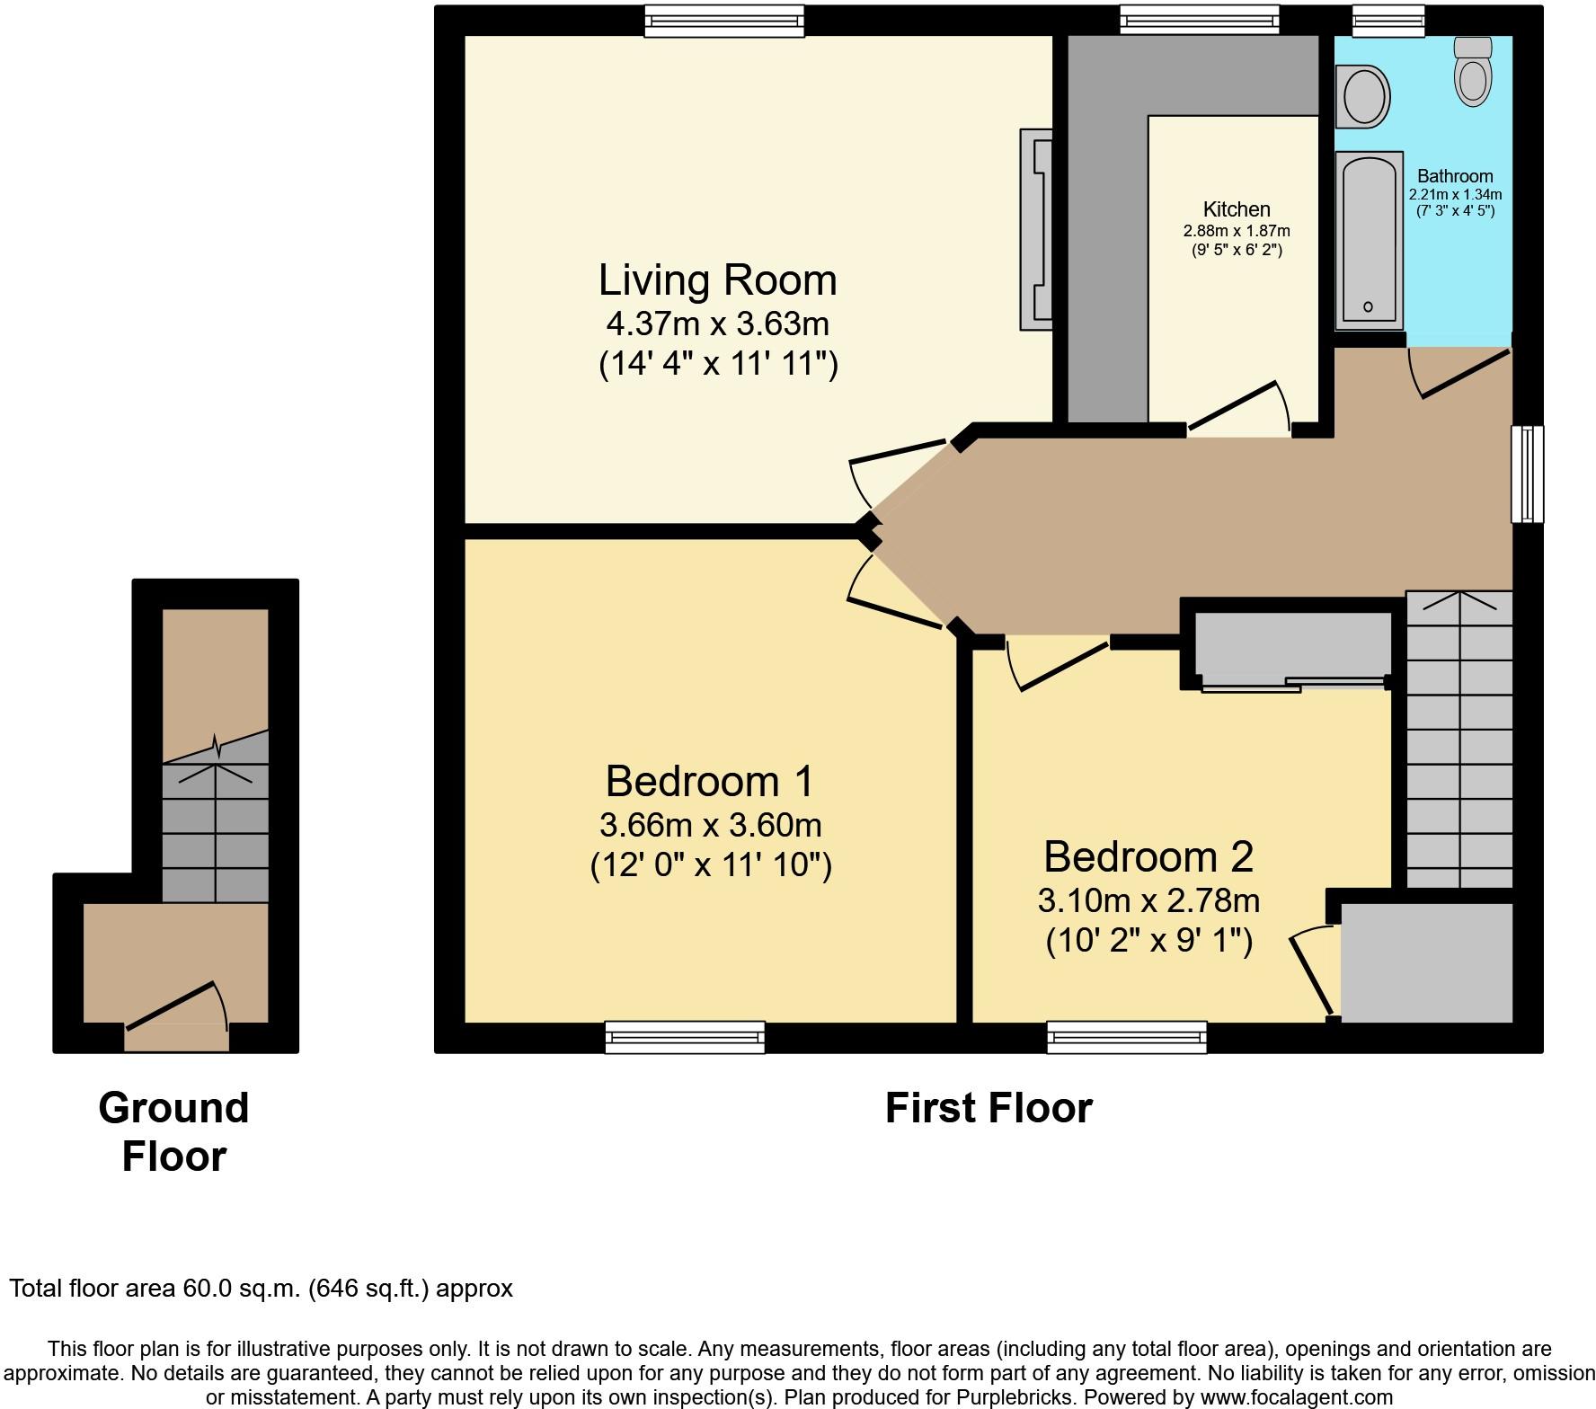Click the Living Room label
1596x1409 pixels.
[718, 280]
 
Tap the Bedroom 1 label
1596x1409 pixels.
[710, 781]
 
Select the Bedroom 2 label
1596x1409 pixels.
[1148, 856]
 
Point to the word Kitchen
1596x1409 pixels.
[1237, 209]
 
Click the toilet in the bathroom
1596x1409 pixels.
[1472, 71]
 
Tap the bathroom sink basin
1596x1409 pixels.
[1363, 95]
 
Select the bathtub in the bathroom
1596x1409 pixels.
[1369, 241]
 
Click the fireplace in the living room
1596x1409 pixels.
[1035, 229]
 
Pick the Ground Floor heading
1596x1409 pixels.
[173, 1131]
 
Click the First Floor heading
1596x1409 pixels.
[989, 1108]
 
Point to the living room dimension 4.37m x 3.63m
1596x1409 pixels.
[718, 323]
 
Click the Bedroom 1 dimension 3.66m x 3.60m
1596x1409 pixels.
[710, 824]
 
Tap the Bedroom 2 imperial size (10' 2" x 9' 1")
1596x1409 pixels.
[1149, 941]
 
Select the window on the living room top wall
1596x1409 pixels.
[724, 21]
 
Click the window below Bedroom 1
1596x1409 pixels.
[685, 1037]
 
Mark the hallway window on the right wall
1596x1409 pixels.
[1528, 474]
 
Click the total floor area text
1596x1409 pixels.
[261, 1289]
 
